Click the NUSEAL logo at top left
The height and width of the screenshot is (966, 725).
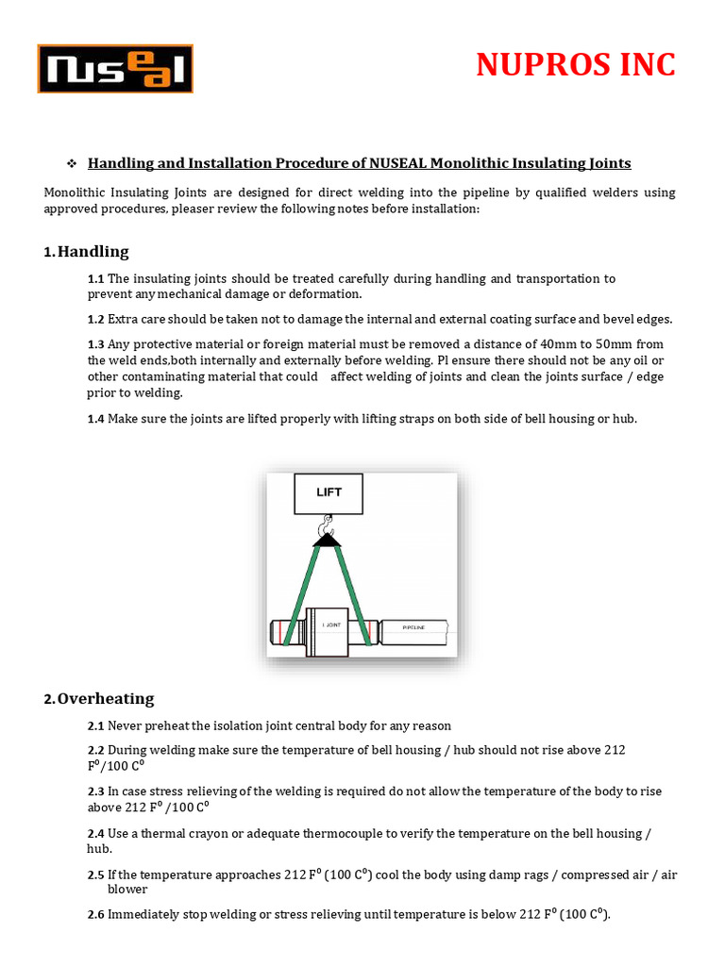pos(115,69)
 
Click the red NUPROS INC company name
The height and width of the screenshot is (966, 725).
pos(576,64)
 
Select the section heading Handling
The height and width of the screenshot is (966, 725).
pos(93,252)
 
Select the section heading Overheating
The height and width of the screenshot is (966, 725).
pos(105,699)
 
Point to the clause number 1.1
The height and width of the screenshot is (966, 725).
pos(95,279)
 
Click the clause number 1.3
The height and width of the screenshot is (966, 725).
pos(95,344)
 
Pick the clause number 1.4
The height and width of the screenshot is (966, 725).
pos(95,419)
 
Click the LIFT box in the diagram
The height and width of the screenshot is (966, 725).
pos(329,493)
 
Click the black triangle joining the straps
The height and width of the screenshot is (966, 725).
pos(328,540)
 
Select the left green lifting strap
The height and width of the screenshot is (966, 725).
pos(301,594)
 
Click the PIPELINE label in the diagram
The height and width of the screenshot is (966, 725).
pos(414,625)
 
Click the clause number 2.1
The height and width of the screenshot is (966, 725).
pos(95,726)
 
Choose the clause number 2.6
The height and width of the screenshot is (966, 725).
pos(95,914)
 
